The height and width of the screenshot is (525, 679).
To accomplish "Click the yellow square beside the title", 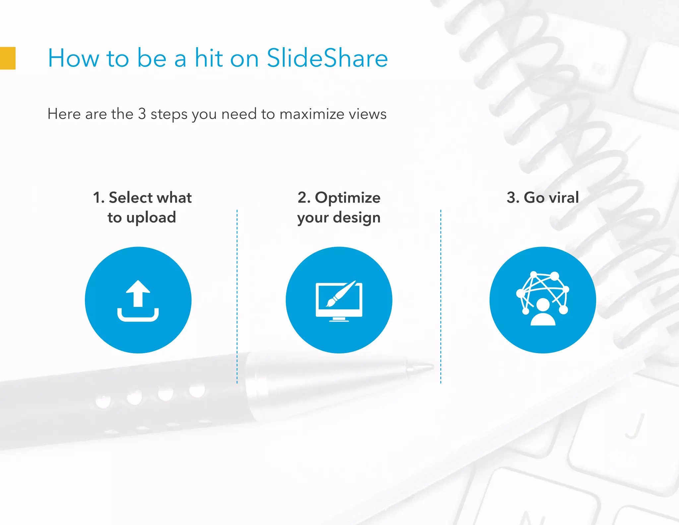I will (7, 58).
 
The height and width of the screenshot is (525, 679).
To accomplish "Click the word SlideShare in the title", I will (327, 58).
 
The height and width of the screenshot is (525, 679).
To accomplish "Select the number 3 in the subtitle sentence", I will (142, 114).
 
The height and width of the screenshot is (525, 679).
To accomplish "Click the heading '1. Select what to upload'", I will (142, 207).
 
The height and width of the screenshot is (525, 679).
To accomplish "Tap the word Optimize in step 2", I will (347, 197).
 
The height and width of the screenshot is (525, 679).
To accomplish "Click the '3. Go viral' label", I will (542, 197).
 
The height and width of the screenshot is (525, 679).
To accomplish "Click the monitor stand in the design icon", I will (339, 319).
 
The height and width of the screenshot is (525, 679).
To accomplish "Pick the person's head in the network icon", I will (543, 305).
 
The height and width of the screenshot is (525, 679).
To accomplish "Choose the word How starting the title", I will (73, 58).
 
